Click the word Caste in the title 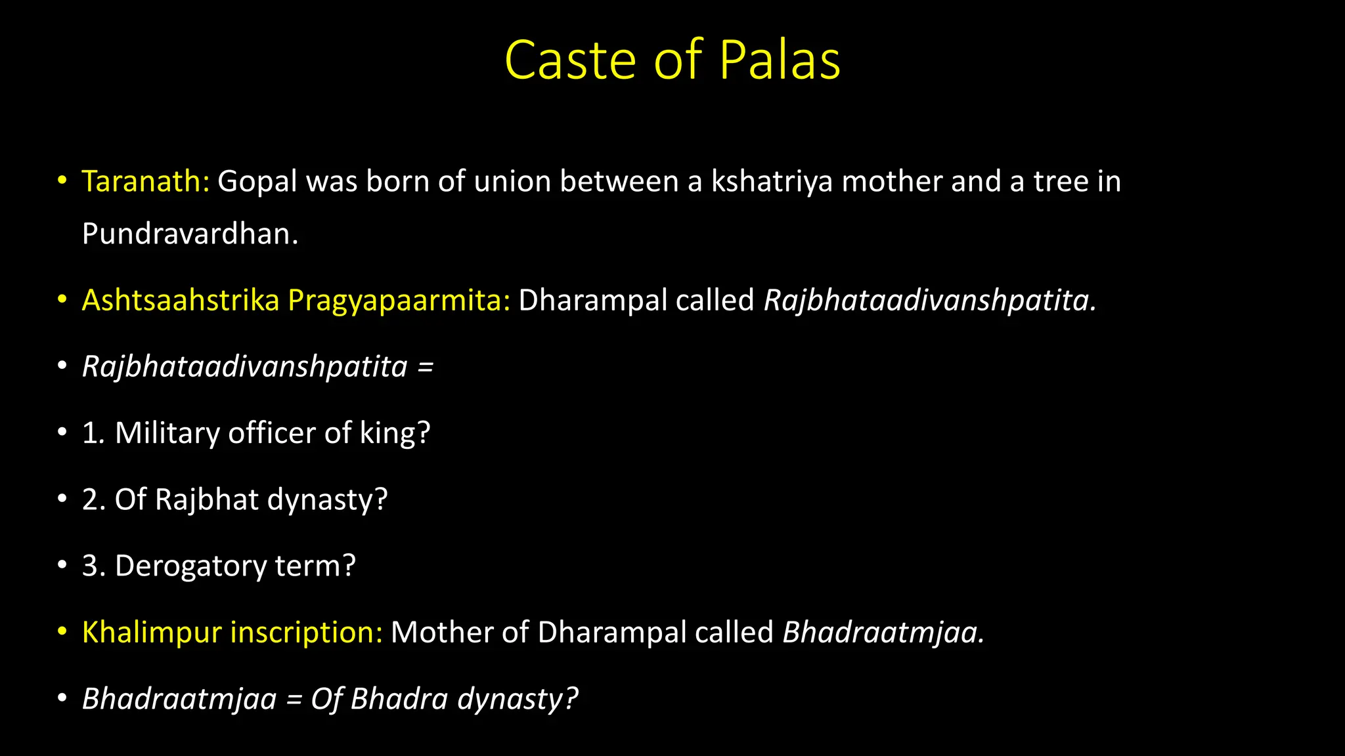click(570, 60)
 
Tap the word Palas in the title click(780, 60)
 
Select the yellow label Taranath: click(145, 181)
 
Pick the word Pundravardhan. click(190, 234)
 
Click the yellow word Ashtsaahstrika click(181, 300)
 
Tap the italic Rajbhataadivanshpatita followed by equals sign click(245, 366)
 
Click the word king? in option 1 click(395, 433)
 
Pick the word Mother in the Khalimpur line click(442, 632)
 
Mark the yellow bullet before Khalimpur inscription click(62, 632)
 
